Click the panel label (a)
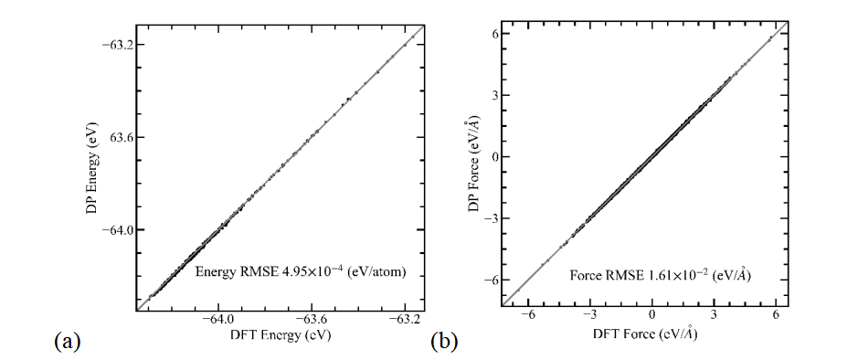68,342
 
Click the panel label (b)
443,342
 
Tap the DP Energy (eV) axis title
93,166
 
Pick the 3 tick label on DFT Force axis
714,315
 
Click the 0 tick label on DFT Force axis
652,315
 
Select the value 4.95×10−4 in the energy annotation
312,273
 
